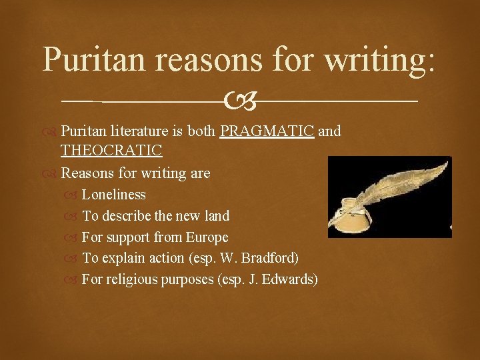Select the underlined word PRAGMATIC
267,131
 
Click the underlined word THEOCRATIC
111,151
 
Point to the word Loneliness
113,195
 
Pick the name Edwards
291,279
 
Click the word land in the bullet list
217,216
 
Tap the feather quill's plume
407,181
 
